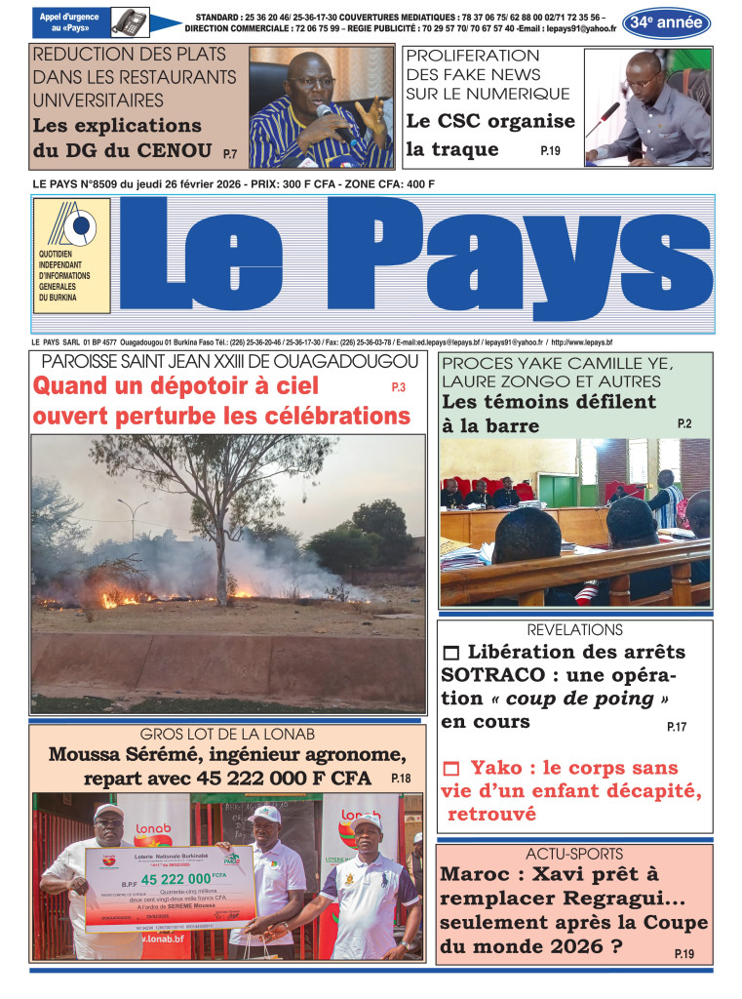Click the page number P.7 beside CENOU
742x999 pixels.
(230, 154)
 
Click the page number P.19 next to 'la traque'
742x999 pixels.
(550, 151)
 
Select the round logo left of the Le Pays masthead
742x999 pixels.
(72, 226)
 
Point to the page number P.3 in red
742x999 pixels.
(399, 388)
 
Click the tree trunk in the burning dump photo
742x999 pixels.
(221, 555)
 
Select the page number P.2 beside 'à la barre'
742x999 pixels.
(684, 423)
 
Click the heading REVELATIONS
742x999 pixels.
(574, 630)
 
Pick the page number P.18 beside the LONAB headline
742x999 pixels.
(401, 779)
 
